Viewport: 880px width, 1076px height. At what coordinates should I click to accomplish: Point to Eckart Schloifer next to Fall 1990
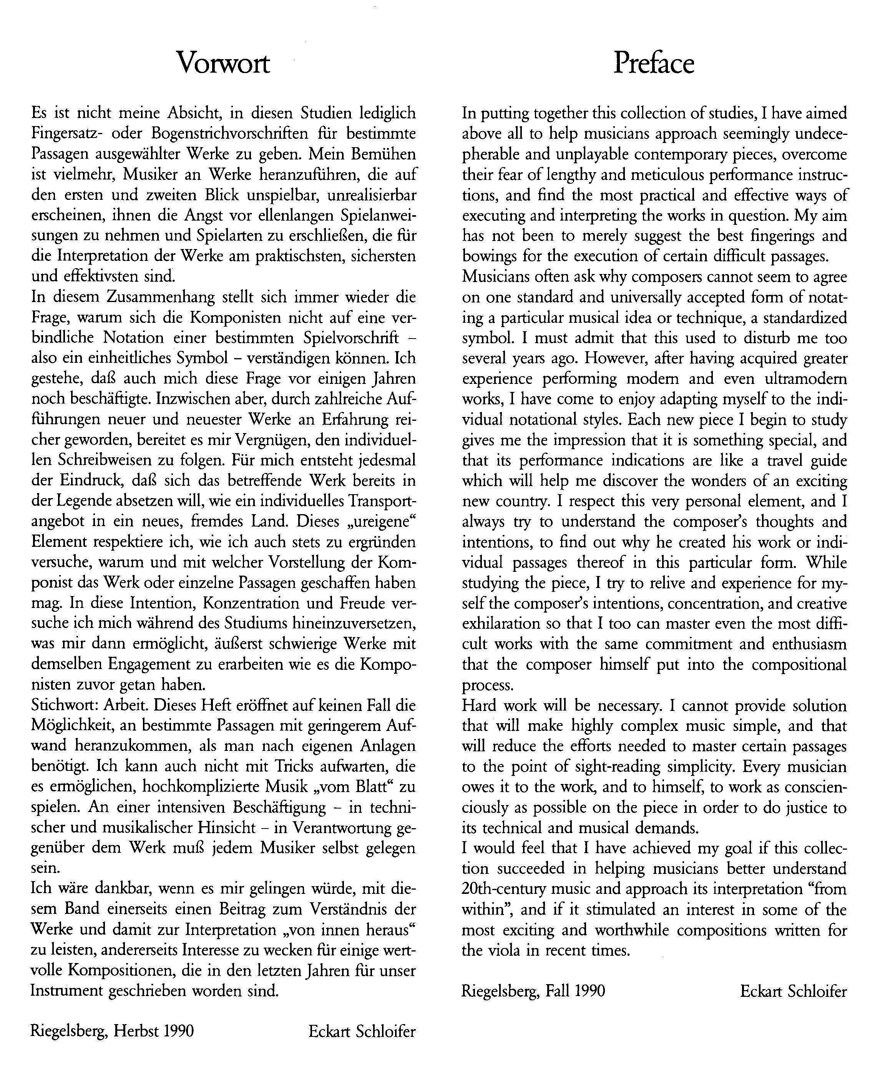click(793, 990)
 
